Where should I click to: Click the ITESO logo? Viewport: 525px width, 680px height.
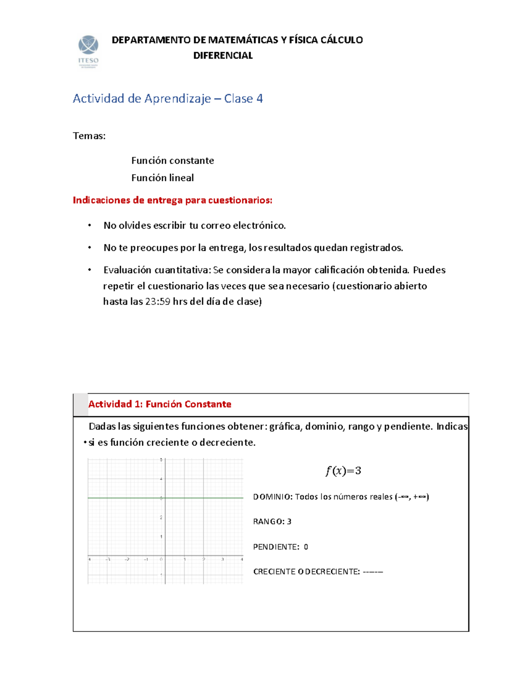[x=88, y=51]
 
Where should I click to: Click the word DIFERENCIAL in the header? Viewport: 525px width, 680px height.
[x=223, y=56]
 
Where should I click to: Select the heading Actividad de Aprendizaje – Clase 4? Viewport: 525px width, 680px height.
[x=168, y=99]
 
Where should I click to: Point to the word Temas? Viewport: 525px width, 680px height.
[x=89, y=136]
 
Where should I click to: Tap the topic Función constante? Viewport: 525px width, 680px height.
[x=172, y=161]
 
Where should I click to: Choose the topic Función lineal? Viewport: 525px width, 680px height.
[x=162, y=178]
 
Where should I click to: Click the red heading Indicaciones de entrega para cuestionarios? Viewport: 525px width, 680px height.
[x=172, y=200]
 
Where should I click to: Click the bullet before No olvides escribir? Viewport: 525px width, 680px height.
[x=89, y=225]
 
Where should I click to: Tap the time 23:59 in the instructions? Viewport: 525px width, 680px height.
[x=157, y=301]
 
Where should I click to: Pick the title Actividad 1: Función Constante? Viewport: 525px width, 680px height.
[x=160, y=404]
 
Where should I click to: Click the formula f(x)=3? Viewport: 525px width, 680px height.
[x=343, y=471]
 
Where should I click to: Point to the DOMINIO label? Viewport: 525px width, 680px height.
[x=273, y=497]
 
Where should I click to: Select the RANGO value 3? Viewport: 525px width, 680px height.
[x=289, y=521]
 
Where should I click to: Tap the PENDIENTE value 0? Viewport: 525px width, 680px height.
[x=306, y=547]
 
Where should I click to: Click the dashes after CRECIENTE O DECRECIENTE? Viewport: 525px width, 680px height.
[x=373, y=571]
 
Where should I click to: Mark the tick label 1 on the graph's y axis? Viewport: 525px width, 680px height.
[x=161, y=536]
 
